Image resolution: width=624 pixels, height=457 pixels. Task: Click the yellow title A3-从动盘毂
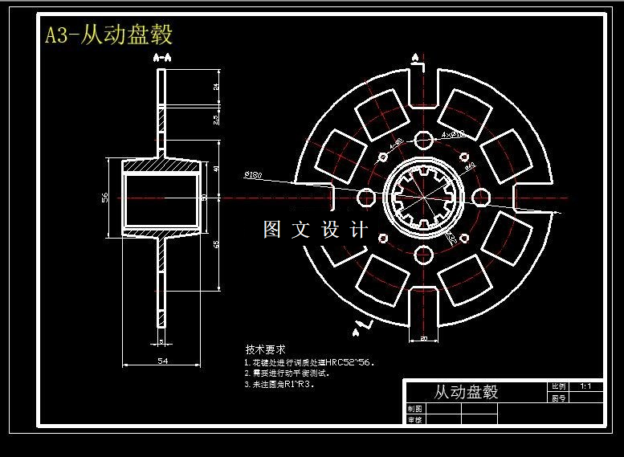coord(108,35)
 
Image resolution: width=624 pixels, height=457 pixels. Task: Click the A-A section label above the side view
coord(161,58)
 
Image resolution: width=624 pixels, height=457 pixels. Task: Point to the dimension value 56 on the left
coord(104,198)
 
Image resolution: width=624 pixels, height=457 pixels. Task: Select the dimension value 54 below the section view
coord(161,362)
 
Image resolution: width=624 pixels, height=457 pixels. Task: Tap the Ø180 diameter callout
coord(250,174)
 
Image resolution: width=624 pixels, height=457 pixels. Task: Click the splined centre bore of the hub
coord(423,198)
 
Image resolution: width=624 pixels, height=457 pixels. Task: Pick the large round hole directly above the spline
coord(423,141)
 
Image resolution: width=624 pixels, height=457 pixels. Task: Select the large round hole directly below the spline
coord(423,255)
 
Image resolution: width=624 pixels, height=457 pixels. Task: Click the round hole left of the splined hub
coord(365,198)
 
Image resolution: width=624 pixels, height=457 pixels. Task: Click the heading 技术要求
coord(265,350)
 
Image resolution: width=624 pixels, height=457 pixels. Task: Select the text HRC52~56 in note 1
coord(354,362)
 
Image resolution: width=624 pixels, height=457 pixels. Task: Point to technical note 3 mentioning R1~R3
coord(280,384)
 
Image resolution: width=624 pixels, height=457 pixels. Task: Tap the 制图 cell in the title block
coord(414,409)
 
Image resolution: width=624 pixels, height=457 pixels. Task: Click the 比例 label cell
coord(558,386)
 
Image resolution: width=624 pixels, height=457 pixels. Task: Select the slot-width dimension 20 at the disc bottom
coord(423,339)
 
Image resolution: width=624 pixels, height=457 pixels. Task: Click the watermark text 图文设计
coord(316,230)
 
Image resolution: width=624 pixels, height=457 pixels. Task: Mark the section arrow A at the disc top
coord(415,58)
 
